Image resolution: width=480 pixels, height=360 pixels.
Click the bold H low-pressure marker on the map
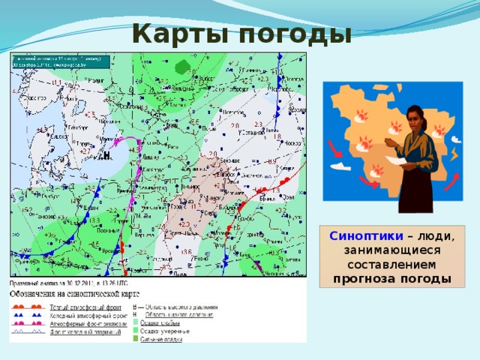coord(107,154)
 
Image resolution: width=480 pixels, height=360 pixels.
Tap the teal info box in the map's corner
coord(60,63)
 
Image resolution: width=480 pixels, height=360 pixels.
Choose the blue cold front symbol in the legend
coord(26,316)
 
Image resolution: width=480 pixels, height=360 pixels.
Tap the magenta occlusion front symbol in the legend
coord(26,323)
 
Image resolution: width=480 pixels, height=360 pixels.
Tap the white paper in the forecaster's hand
coord(409,160)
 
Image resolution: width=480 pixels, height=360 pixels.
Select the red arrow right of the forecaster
coord(453,182)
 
